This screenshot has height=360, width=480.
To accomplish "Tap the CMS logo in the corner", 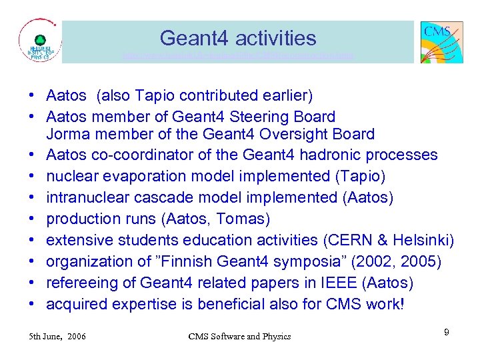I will pos(441,41).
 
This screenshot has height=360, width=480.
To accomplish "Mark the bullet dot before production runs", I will pos(32,219).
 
